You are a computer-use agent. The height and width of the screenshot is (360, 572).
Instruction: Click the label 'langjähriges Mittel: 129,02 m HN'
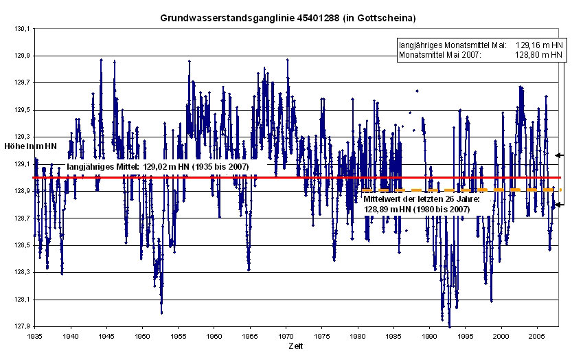157,166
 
